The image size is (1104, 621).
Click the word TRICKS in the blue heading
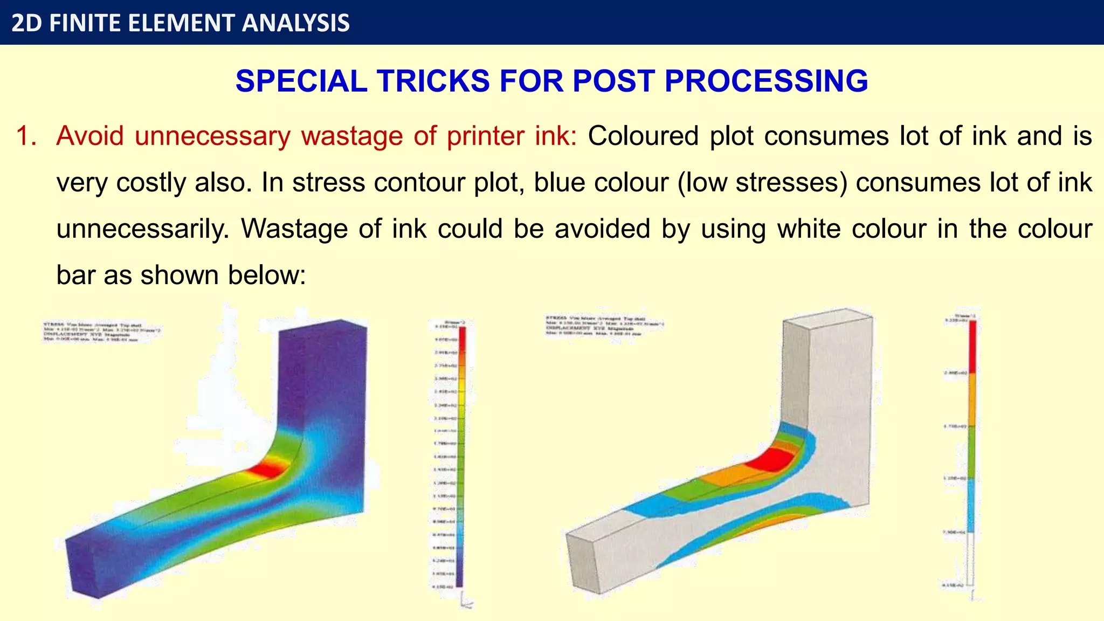[433, 81]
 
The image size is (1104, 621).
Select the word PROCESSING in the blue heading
[766, 81]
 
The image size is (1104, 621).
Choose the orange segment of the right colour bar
[972, 399]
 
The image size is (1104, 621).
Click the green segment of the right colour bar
[972, 452]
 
